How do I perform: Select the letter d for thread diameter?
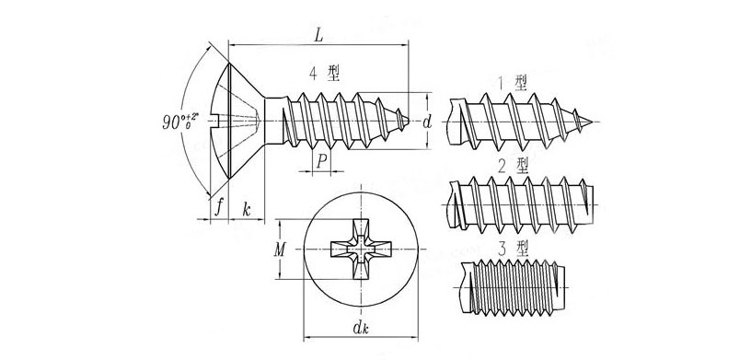click(427, 122)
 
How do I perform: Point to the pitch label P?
click(322, 162)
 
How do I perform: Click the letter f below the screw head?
click(219, 207)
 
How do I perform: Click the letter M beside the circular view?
click(280, 249)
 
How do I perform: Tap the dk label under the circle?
click(360, 328)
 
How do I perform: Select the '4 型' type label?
click(324, 74)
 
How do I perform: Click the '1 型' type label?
click(513, 83)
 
